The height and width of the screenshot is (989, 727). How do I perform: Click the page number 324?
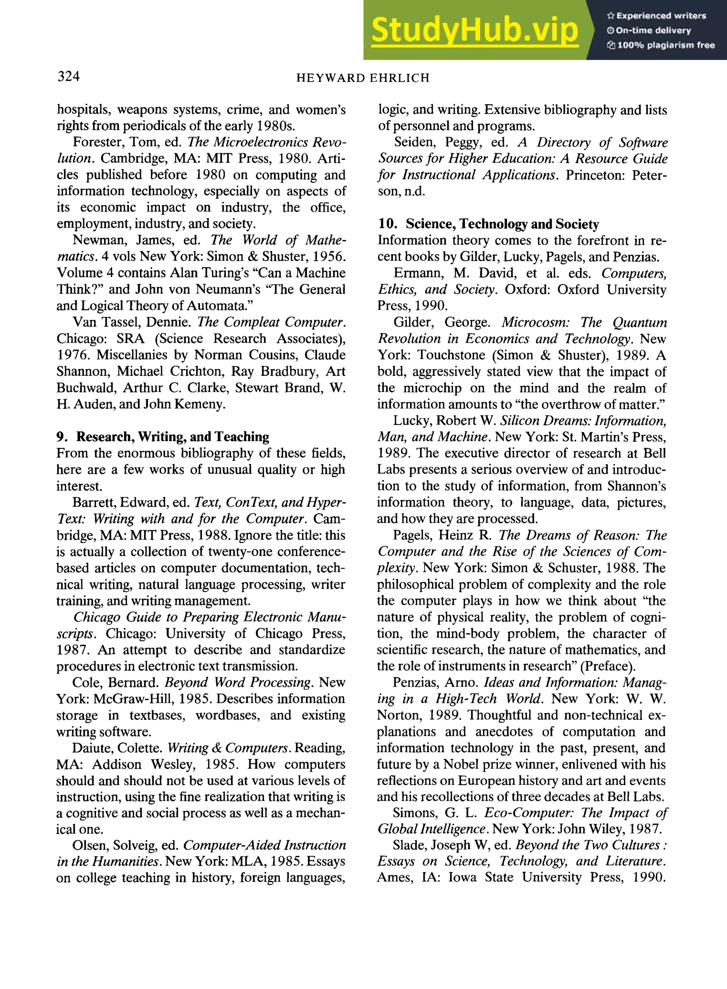69,77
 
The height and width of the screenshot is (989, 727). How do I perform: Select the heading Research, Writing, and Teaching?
173,437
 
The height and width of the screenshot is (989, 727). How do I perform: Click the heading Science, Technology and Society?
502,224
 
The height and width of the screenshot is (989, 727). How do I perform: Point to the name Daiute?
91,748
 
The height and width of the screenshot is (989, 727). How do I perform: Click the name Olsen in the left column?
90,846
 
